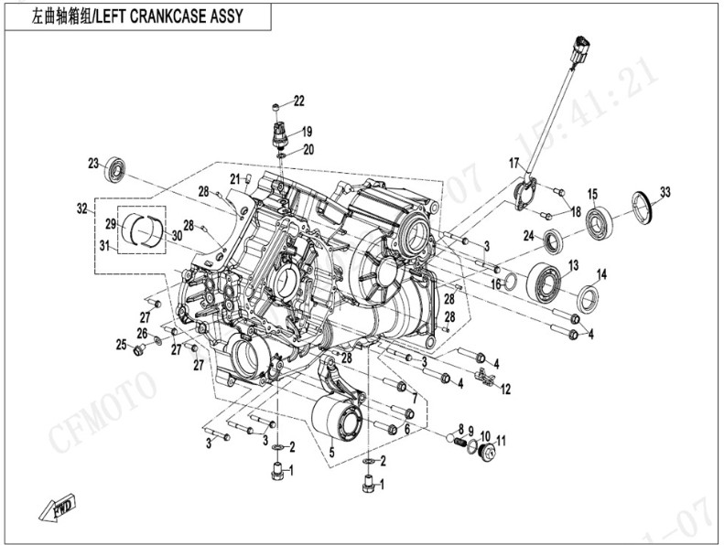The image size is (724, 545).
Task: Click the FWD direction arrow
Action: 58,506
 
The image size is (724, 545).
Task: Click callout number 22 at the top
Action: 299,101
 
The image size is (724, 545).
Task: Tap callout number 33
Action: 665,192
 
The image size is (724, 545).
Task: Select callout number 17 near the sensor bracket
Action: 514,163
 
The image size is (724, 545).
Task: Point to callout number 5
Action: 331,451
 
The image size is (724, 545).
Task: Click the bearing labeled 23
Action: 115,169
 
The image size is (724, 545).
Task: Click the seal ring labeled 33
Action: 642,204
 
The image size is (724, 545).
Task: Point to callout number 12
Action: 505,389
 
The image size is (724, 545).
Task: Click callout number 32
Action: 81,209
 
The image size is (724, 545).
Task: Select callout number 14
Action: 602,274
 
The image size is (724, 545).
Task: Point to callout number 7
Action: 414,399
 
